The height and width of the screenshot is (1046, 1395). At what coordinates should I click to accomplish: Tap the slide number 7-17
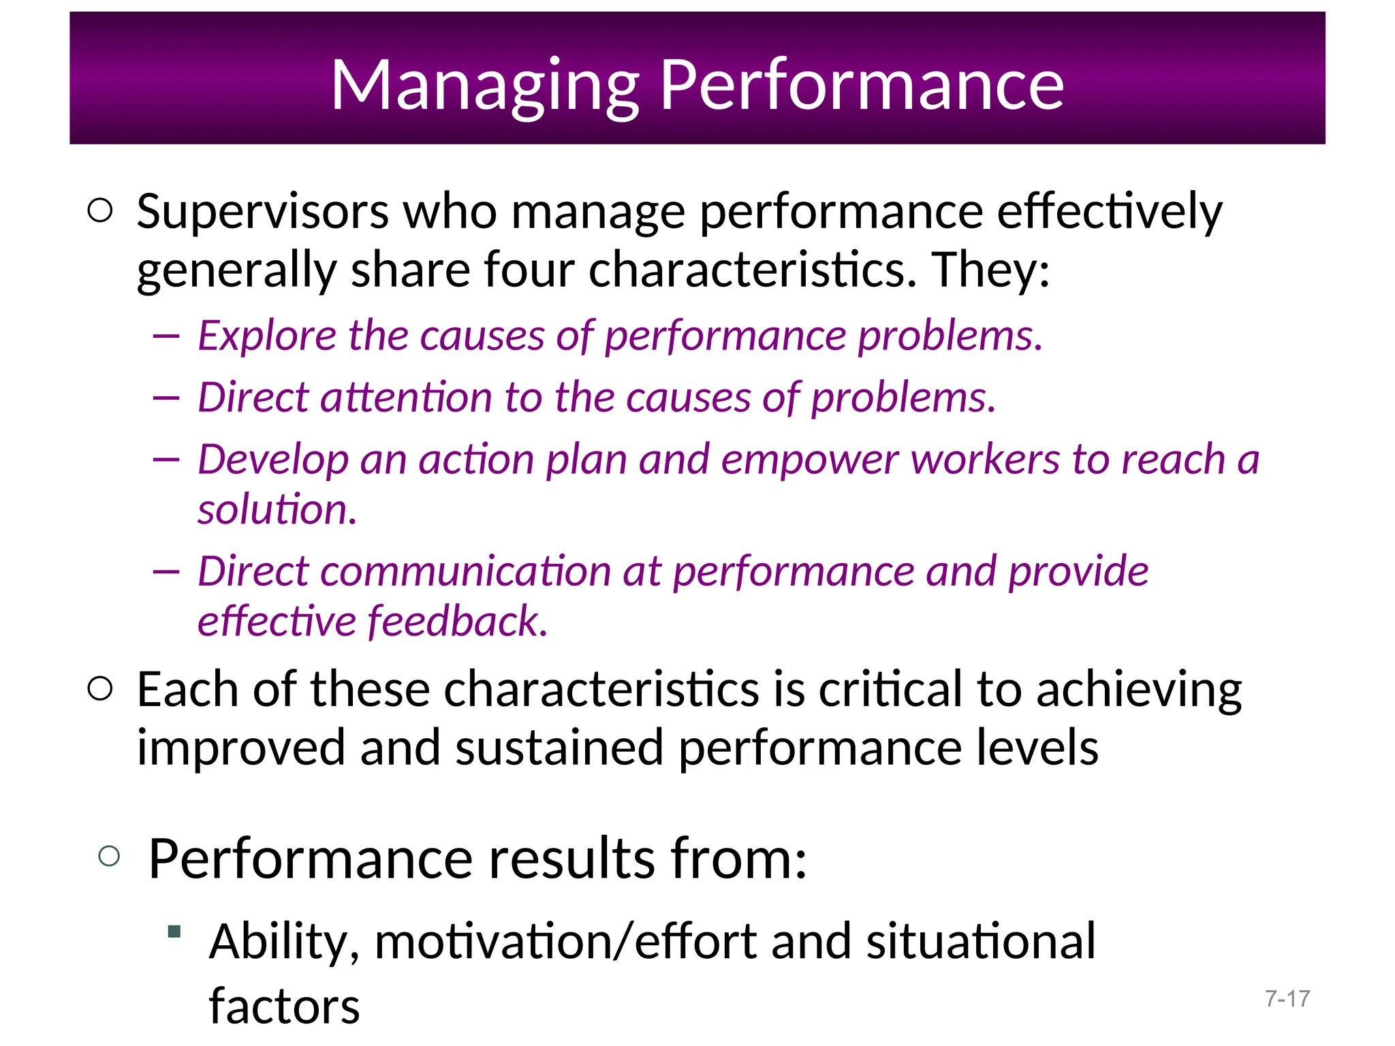coord(1287,998)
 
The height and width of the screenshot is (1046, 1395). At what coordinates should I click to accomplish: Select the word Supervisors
coord(262,212)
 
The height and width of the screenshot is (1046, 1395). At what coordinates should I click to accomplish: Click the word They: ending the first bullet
coord(990,270)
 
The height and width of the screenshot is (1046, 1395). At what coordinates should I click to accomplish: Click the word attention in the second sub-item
coord(406,397)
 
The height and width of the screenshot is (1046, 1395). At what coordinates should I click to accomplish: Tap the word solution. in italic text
coord(277,509)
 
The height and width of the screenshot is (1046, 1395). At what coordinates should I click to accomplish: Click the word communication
coord(465,571)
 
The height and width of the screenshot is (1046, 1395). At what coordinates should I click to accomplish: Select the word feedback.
coord(457,621)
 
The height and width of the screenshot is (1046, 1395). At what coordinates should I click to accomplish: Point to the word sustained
coord(559,748)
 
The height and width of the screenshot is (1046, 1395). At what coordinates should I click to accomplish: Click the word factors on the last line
coord(284,1006)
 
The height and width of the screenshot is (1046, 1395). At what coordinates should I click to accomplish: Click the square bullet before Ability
coord(174,931)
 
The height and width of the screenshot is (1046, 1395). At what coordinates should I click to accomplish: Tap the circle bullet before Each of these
coord(100,688)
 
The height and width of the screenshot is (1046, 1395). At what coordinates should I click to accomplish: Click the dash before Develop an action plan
coord(166,460)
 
